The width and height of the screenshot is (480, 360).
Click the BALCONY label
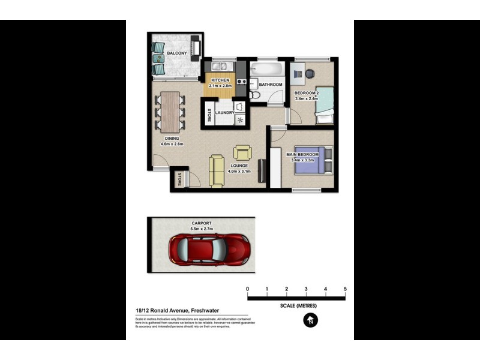(176, 53)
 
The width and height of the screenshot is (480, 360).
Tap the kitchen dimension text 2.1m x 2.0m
(220, 86)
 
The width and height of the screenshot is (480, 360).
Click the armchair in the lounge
(242, 152)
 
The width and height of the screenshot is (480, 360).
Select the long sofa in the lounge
(216, 170)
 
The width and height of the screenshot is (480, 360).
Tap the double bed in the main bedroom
(309, 161)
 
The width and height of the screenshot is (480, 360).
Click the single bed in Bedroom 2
(324, 110)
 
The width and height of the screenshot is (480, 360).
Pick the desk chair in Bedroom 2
(309, 74)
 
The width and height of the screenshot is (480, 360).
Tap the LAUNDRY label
(224, 112)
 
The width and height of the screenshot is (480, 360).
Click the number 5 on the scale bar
(345, 289)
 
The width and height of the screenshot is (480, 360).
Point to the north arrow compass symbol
(310, 321)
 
